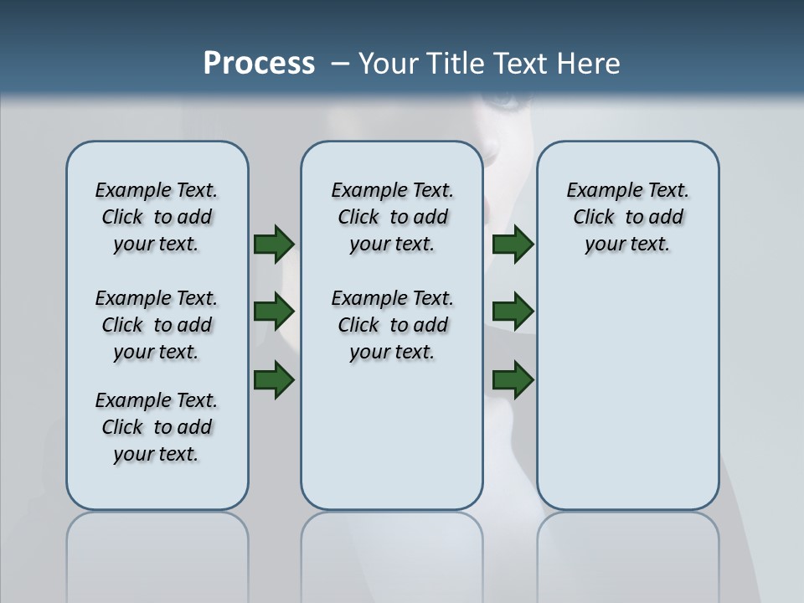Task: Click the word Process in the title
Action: pos(259,64)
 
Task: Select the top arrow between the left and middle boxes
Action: pos(273,244)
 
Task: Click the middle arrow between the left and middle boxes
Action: pos(273,312)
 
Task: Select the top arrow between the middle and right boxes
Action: pos(513,244)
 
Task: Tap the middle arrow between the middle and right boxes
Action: pos(513,312)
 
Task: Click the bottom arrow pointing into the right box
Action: pos(513,380)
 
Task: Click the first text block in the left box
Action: pos(157,217)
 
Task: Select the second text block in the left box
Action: pos(157,325)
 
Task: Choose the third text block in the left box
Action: pos(157,427)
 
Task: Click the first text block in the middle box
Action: pos(392,217)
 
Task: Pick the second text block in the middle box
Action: pos(392,325)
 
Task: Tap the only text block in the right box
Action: pos(627,217)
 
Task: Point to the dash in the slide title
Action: pos(341,64)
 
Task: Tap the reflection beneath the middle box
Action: pos(392,553)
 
